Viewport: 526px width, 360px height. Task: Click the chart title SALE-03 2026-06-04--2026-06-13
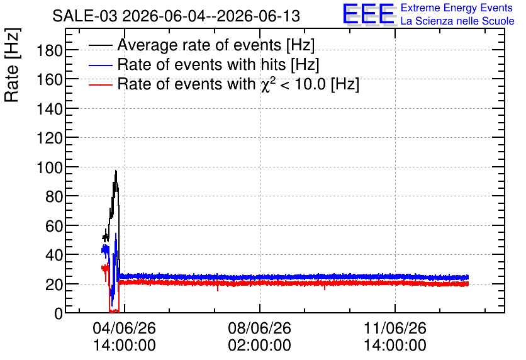pos(176,16)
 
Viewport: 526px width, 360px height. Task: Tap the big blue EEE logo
pos(368,14)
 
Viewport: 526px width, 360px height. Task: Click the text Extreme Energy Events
pos(457,8)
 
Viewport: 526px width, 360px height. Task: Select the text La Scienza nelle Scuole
pos(457,21)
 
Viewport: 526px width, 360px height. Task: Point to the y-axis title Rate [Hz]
pos(12,65)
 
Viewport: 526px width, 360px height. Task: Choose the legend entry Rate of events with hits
pos(218,64)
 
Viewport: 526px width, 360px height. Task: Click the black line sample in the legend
pos(101,45)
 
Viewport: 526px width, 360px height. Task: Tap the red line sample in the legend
pos(101,85)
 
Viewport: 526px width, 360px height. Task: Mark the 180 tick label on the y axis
pos(49,51)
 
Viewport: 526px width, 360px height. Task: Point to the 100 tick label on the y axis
pos(49,167)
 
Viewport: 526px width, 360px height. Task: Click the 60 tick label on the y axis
pos(54,226)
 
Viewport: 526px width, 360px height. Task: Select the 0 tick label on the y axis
pos(59,313)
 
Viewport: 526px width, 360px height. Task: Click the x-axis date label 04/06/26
pos(125,328)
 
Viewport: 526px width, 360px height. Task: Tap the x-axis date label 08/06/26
pos(260,328)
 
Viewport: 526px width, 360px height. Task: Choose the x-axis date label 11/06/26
pos(395,328)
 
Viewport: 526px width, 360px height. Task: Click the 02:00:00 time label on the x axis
pos(260,345)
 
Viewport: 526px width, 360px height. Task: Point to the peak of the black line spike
pos(116,171)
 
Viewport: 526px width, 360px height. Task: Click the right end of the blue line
pos(468,278)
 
